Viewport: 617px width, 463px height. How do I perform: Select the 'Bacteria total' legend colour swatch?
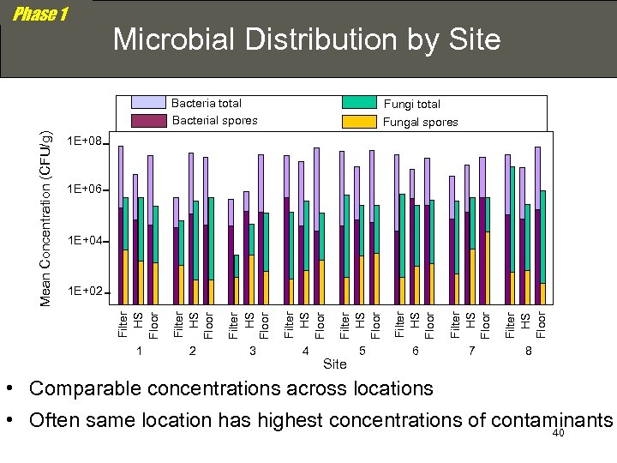click(x=149, y=103)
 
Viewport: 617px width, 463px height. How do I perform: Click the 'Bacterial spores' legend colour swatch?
click(x=149, y=121)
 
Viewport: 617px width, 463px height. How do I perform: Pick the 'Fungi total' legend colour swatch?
click(x=359, y=103)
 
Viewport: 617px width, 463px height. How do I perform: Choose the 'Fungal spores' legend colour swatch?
click(x=359, y=122)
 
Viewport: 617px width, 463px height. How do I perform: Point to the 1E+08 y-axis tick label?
click(x=85, y=141)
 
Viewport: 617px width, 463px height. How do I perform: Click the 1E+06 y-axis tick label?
click(x=85, y=190)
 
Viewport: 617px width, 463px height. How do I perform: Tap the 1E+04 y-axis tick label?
click(x=85, y=241)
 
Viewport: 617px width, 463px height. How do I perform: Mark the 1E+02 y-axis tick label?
click(x=85, y=292)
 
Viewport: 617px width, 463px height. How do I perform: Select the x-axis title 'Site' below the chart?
click(x=334, y=364)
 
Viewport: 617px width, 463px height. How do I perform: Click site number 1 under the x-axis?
click(x=138, y=352)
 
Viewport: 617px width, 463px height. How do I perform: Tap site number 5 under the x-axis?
click(x=362, y=352)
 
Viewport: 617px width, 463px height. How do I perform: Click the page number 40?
click(x=559, y=433)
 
